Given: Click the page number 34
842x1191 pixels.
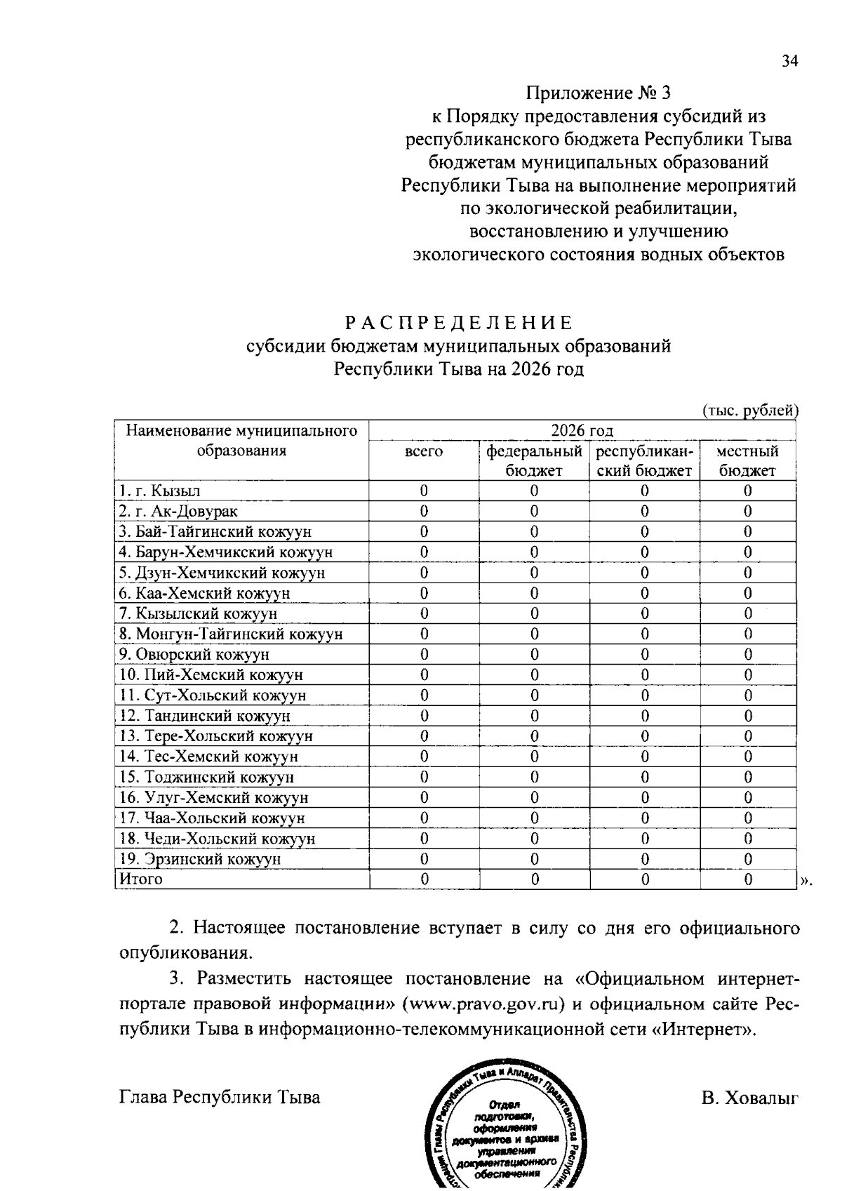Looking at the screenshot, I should [789, 62].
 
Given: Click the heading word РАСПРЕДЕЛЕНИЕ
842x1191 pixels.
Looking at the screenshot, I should [459, 323].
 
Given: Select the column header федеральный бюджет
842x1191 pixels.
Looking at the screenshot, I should [534, 460].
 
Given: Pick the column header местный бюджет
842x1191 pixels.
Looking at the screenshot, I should [747, 460].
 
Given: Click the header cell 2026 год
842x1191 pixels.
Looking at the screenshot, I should [582, 430].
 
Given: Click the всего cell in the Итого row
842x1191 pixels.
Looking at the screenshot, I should [424, 879].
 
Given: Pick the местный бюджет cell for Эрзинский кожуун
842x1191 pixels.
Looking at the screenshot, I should [747, 858].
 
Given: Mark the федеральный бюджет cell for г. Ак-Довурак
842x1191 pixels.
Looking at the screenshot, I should [534, 511].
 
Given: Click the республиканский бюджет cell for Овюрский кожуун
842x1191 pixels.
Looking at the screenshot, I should [644, 654].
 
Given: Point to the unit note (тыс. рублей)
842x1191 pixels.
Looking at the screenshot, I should [750, 411].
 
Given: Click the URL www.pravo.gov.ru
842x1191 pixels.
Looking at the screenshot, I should [483, 1004].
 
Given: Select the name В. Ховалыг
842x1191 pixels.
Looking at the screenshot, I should [749, 1098].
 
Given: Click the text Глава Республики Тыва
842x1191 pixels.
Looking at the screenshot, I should [220, 1098].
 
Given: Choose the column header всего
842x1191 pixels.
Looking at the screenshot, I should [424, 451].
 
